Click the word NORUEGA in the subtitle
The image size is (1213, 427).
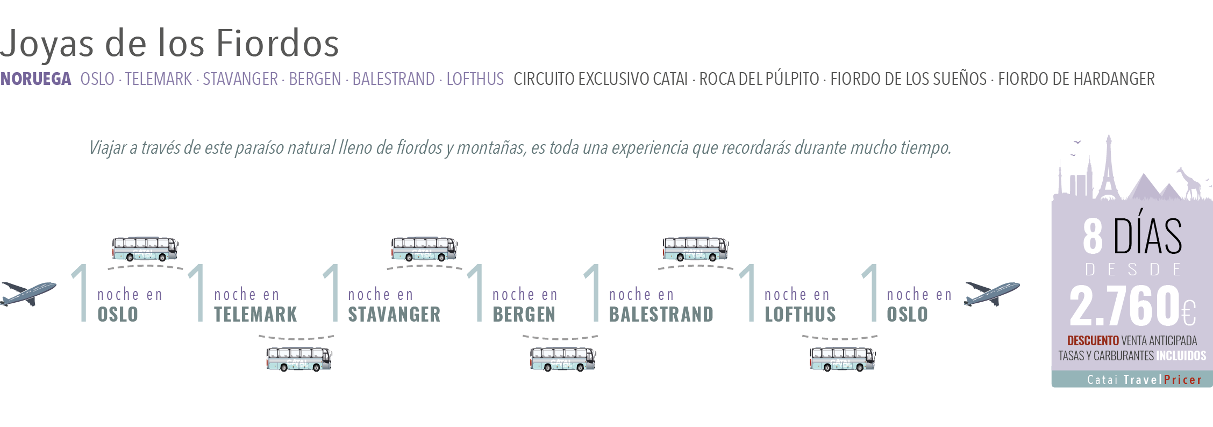(x=35, y=79)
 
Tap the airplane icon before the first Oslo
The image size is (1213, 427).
(x=28, y=293)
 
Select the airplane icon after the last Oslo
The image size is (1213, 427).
(x=991, y=293)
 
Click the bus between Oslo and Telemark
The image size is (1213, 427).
(x=145, y=249)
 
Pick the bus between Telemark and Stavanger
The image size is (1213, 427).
(x=299, y=359)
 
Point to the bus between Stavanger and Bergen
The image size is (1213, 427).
(x=424, y=249)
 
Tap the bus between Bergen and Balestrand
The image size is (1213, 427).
(x=562, y=359)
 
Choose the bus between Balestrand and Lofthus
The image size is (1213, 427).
(x=695, y=249)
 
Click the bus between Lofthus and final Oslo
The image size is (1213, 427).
(x=843, y=359)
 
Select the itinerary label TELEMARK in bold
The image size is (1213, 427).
(x=255, y=314)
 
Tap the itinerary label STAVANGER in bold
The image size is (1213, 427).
(x=394, y=314)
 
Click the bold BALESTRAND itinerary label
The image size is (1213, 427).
(x=661, y=314)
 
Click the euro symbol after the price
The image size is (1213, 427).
(x=1189, y=314)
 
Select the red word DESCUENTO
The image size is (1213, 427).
(x=1093, y=341)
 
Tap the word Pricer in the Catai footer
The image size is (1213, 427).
(x=1182, y=380)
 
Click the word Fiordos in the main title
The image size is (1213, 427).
(x=278, y=43)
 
